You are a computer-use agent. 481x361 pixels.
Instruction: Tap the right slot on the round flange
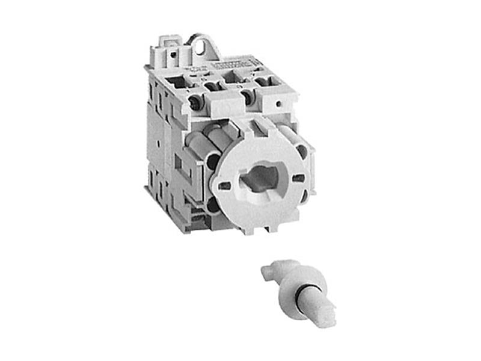pos(298,178)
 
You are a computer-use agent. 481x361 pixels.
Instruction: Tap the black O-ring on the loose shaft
pos(300,288)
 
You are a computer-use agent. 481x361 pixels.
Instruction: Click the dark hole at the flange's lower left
pos(213,208)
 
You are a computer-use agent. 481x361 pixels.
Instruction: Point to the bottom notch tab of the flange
pos(272,227)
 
